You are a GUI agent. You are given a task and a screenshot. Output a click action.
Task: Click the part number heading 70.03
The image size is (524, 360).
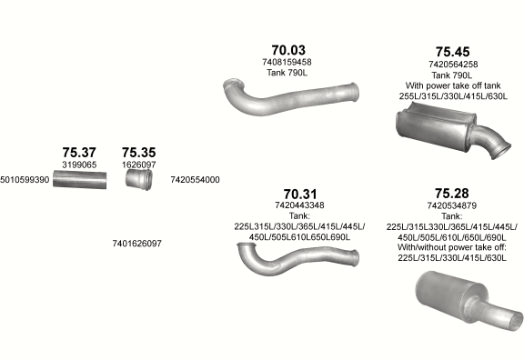click(288, 50)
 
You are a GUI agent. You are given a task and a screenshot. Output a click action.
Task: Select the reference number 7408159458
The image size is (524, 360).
click(287, 62)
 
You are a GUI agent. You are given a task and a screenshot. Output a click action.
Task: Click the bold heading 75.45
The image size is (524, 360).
click(452, 52)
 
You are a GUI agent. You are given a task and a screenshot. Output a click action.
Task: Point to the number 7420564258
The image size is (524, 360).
click(453, 65)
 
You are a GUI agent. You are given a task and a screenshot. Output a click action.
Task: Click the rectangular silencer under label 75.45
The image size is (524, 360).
click(436, 126)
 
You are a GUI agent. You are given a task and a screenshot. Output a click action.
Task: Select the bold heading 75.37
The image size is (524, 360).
click(79, 153)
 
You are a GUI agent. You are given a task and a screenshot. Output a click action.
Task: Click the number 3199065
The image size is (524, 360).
click(79, 165)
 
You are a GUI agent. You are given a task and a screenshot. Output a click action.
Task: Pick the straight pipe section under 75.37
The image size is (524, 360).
click(80, 180)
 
